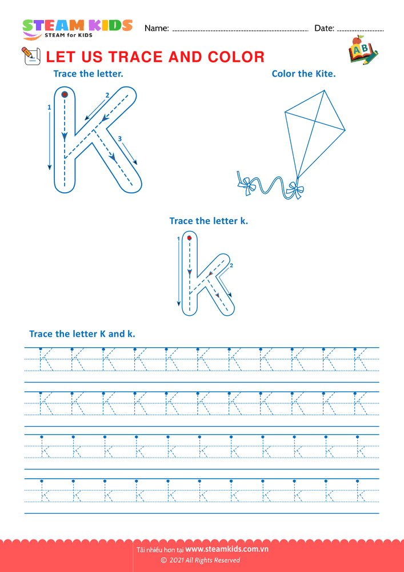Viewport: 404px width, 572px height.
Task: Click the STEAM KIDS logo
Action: [77, 29]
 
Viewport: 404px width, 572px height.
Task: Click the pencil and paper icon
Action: [31, 56]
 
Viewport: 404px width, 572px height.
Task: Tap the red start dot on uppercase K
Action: [65, 95]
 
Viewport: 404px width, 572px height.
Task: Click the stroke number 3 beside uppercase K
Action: [119, 138]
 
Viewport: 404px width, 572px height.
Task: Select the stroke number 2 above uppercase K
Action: [107, 95]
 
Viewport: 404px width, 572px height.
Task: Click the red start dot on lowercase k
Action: [190, 238]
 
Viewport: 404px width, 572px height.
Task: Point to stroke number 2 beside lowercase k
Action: [231, 265]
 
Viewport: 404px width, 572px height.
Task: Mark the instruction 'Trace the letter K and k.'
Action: [82, 334]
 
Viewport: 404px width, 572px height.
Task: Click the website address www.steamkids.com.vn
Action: [227, 549]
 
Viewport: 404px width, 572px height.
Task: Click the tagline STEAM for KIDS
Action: [69, 35]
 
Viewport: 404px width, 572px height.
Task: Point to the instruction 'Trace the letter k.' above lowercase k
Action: [209, 221]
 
